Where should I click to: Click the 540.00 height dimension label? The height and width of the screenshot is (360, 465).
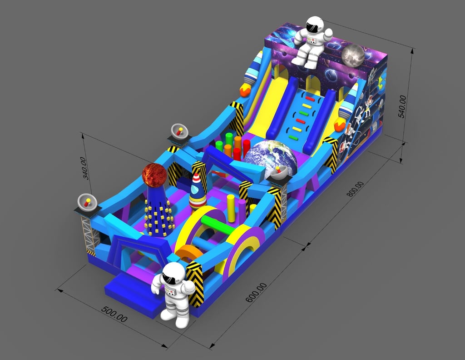click(402, 106)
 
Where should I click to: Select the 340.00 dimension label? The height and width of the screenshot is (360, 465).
click(84, 168)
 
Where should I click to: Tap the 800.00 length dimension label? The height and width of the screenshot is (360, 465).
click(355, 189)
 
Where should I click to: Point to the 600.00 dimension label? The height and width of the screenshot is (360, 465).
click(257, 293)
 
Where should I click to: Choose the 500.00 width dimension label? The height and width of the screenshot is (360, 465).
click(114, 314)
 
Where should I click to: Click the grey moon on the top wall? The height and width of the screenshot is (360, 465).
click(353, 56)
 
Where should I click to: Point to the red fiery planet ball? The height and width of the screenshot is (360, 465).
click(154, 175)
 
